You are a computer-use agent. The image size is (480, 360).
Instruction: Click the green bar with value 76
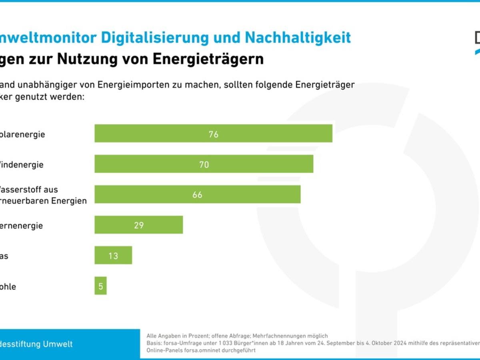pos(213,133)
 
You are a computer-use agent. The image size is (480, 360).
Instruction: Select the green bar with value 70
pos(204,164)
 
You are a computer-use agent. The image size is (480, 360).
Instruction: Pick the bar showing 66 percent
pos(197,194)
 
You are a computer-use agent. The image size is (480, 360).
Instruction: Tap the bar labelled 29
pos(138,225)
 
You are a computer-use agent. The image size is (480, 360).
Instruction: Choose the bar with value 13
pos(113,255)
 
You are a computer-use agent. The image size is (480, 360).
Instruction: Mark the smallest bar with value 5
pos(101,286)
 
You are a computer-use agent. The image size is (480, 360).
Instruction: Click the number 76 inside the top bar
pos(214,134)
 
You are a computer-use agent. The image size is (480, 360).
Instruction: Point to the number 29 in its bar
pos(139,226)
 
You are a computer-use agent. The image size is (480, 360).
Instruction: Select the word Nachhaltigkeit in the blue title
pos(298,38)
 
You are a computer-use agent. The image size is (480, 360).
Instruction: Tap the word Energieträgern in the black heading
pos(208,59)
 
